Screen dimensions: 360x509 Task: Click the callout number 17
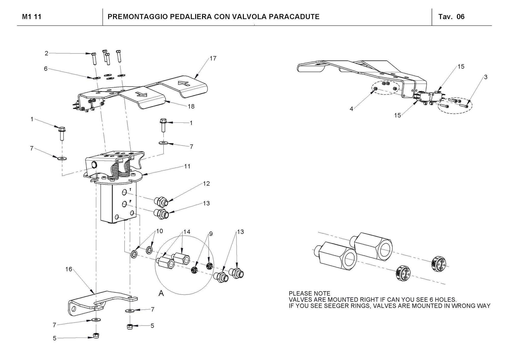pos(213,58)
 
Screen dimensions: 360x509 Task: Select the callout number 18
pos(191,106)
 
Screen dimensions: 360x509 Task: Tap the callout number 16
pos(69,269)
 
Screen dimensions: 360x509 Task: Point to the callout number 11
pos(187,166)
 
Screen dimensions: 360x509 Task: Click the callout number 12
pos(206,183)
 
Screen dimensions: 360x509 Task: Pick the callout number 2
pos(46,53)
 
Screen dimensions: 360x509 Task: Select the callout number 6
pos(46,69)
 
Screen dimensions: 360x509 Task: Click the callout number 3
pos(486,77)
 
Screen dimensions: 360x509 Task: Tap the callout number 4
pos(351,109)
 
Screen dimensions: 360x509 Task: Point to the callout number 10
pos(160,231)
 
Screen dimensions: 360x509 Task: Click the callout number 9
pos(211,234)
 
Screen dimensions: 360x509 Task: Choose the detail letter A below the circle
pos(161,294)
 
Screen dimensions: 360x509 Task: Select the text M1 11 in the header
pos(32,17)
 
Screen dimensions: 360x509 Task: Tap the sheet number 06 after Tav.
pos(460,17)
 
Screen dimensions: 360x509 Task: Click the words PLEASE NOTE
pos(309,294)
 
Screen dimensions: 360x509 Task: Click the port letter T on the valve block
pos(131,190)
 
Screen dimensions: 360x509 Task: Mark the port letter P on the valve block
pos(130,201)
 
